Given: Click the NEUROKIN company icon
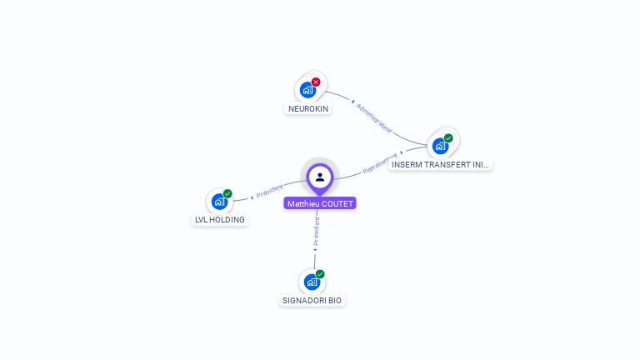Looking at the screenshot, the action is pos(307,90).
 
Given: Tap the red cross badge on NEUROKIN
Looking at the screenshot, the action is pos(316,82).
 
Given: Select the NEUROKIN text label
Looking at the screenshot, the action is pos(308,109).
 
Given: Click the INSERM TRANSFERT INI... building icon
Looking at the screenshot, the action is pos(439,147).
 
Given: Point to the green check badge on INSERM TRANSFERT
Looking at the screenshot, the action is pos(448,138).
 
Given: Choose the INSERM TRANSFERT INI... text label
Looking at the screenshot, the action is pos(441,165).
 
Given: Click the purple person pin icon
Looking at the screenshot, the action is pos(320,177).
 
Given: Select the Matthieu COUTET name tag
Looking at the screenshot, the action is pos(320,203).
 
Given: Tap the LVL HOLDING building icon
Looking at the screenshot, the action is pos(218,201).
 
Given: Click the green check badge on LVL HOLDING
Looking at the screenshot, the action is pos(227,193).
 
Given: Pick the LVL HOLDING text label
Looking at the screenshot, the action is pos(219,220).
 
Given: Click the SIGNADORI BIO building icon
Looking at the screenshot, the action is pos(311,282).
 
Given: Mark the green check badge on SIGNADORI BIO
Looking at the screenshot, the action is pos(320,274).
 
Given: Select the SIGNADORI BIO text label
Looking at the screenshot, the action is pos(312,301).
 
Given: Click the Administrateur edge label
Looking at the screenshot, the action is pos(373,118).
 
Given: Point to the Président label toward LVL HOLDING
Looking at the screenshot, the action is pos(270,192).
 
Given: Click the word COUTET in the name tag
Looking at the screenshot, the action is pos(337,203).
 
